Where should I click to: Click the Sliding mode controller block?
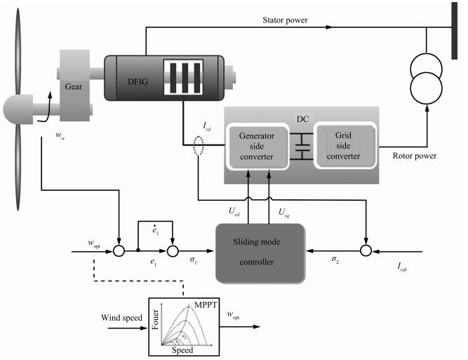[260, 253]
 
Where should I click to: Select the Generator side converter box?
[257, 146]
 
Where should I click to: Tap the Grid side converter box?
[345, 145]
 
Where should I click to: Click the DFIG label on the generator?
[138, 81]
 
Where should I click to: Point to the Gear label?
[74, 86]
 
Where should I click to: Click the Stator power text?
[285, 20]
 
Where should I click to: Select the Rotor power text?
[415, 156]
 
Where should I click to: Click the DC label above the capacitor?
[302, 119]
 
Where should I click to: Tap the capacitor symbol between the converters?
[302, 146]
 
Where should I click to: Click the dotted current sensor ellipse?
[199, 146]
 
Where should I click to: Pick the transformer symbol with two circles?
[426, 79]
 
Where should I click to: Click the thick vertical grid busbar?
[454, 31]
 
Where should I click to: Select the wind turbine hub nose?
[18, 109]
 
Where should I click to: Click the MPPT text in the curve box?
[206, 305]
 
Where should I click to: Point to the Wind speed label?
[121, 318]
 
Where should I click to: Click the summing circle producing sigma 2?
[366, 251]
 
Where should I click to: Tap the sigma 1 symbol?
[194, 260]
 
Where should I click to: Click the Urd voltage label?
[234, 212]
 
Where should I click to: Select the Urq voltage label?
[284, 212]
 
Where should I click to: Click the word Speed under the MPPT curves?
[182, 350]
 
